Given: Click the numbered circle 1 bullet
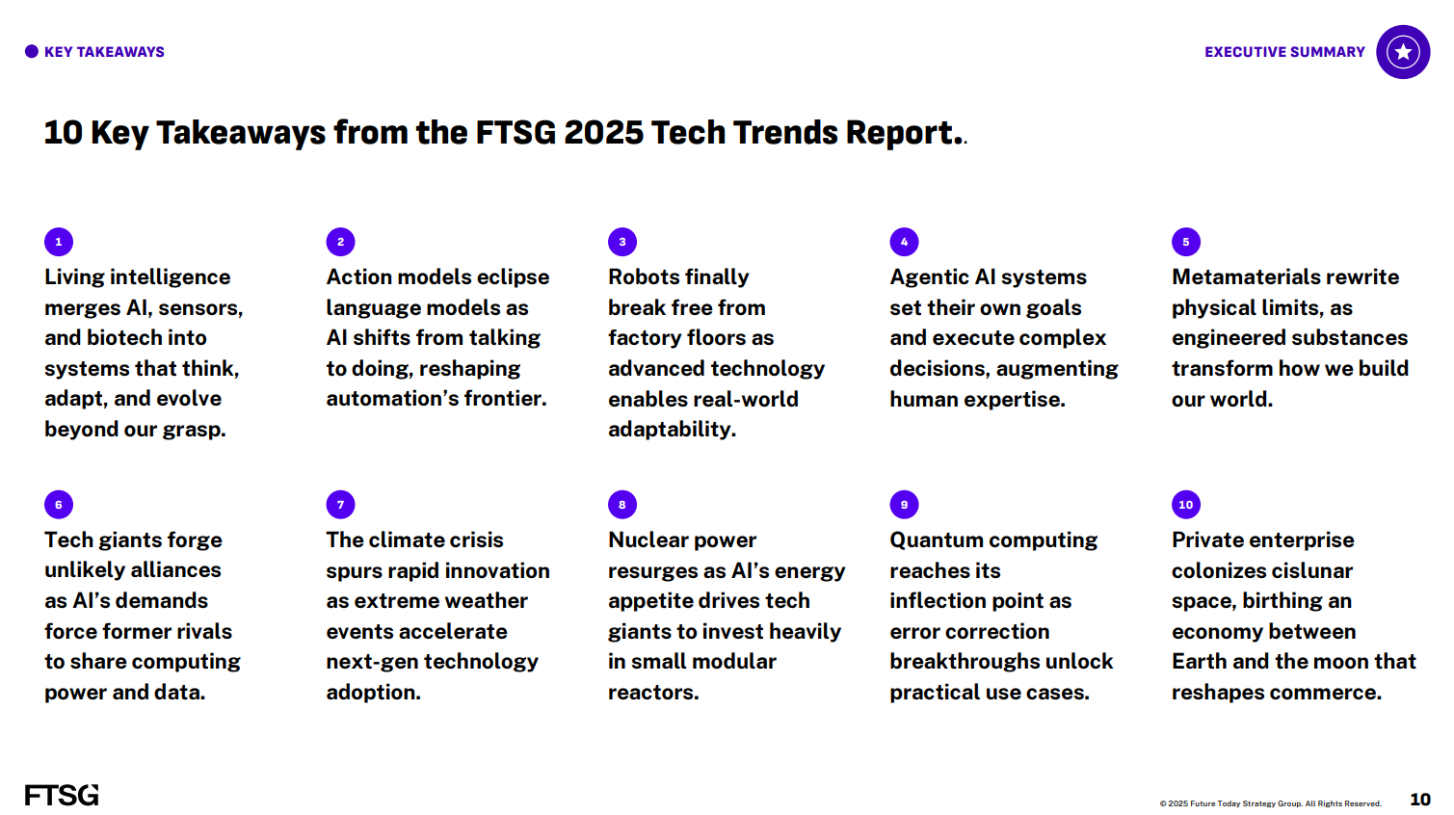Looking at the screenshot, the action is click(59, 242).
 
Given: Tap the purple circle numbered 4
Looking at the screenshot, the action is click(904, 242).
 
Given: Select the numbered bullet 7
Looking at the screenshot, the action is click(340, 504).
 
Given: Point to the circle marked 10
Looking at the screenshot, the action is click(1186, 504).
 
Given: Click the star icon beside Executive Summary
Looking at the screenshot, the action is click(1403, 52).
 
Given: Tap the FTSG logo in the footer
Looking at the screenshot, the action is click(62, 795).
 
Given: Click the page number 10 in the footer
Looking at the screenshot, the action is click(1420, 800).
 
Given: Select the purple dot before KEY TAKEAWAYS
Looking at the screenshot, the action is click(31, 51).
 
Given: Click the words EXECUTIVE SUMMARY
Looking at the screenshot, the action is click(1284, 52).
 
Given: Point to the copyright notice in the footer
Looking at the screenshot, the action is click(1270, 803).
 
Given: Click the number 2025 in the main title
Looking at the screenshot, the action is click(604, 132).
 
